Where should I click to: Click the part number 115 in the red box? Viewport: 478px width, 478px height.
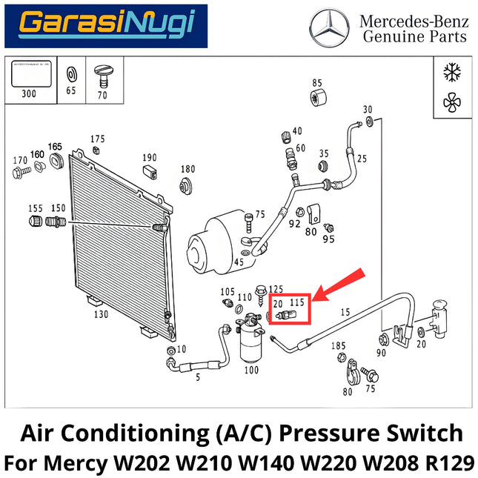(x=297, y=302)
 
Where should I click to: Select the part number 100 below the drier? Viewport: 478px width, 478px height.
(x=252, y=369)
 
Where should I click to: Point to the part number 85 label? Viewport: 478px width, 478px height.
(x=316, y=82)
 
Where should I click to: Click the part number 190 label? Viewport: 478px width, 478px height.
(x=150, y=157)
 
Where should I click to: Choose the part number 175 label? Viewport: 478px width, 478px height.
(x=98, y=139)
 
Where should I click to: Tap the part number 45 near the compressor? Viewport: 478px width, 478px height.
(x=239, y=262)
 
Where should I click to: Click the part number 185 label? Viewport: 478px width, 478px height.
(x=339, y=345)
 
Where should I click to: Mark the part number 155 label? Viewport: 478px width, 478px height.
(x=35, y=208)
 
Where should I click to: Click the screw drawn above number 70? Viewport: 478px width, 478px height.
(x=102, y=76)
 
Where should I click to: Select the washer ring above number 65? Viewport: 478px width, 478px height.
(x=72, y=75)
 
